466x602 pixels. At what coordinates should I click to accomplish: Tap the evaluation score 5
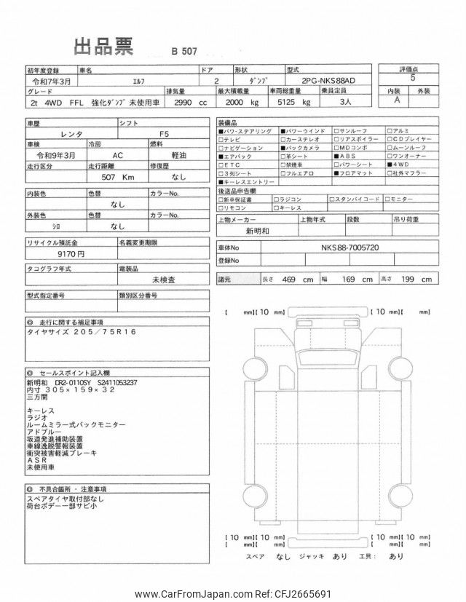(413, 76)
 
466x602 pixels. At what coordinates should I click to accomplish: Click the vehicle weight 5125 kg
(281, 103)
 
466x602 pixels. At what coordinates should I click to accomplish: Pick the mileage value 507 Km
(119, 177)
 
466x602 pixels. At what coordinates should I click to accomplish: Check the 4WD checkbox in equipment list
(394, 165)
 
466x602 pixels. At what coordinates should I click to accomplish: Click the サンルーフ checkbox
(337, 130)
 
